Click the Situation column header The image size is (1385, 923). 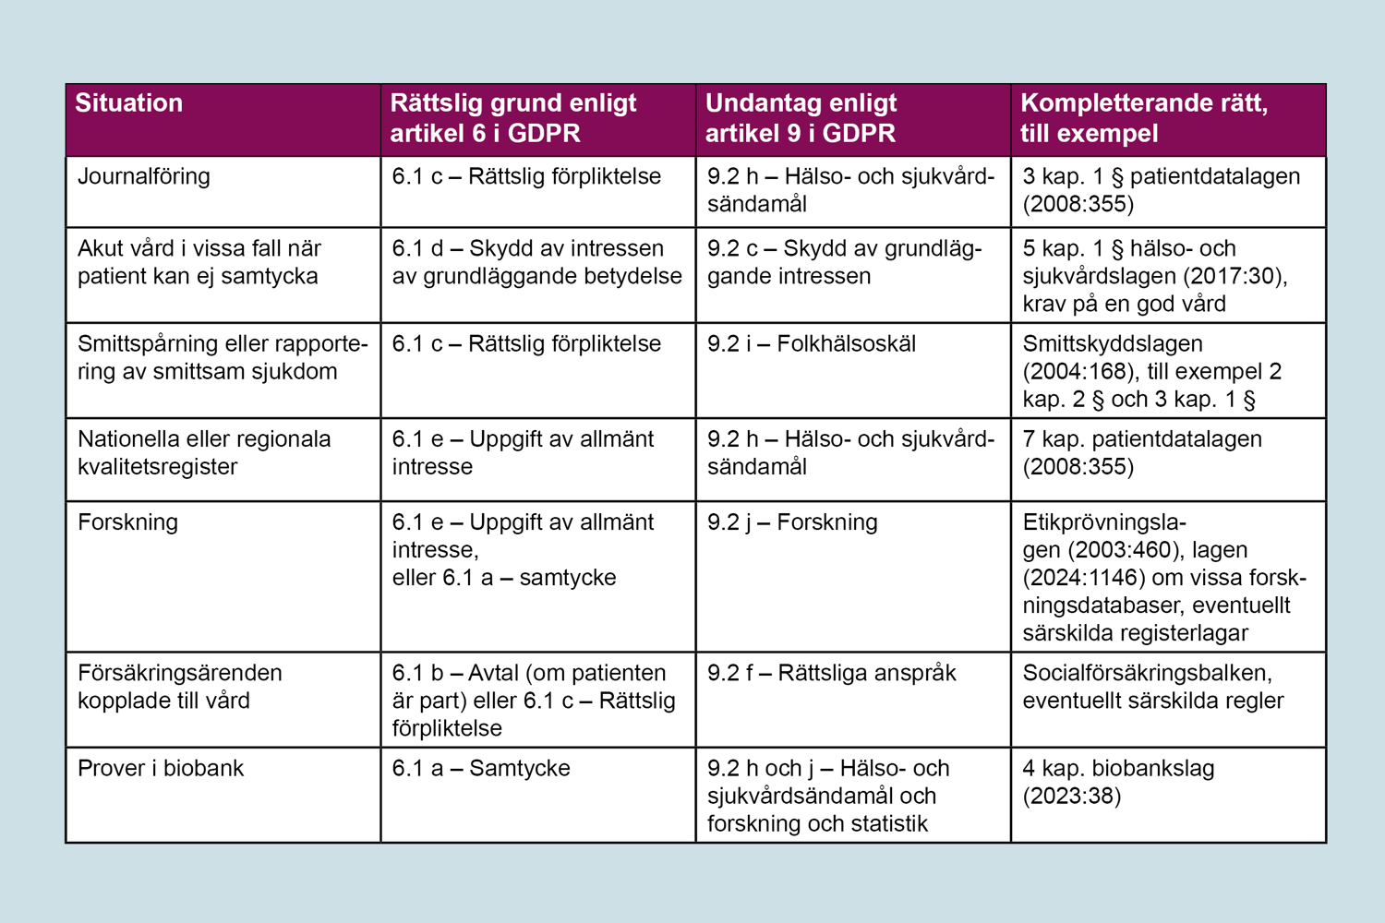129,102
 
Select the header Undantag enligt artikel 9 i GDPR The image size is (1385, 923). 801,118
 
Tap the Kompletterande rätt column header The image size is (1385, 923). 1143,118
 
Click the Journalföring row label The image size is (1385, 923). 144,176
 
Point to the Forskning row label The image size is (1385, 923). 128,522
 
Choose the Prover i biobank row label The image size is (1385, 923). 161,769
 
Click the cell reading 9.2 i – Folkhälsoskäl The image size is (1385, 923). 812,344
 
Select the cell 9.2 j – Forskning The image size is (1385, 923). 792,522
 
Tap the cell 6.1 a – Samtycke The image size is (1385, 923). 481,769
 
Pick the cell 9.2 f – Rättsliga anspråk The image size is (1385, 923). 832,674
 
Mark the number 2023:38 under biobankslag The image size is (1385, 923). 1071,797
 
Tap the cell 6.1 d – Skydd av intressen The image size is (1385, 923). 536,262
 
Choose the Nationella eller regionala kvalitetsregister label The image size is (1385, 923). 204,452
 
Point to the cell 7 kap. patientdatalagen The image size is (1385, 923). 1142,452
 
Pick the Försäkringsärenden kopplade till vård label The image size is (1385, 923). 180,687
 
